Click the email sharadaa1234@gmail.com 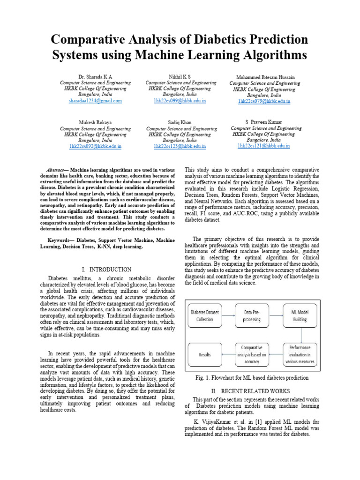pos(95,101)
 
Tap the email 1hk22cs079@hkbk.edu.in pos(264,101)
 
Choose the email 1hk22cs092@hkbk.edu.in pos(95,147)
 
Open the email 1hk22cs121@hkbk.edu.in pos(264,146)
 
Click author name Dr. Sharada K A pos(95,76)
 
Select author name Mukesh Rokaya pos(95,122)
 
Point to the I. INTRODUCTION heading pos(106,270)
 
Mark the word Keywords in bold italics pos(60,240)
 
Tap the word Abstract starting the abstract pos(57,170)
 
